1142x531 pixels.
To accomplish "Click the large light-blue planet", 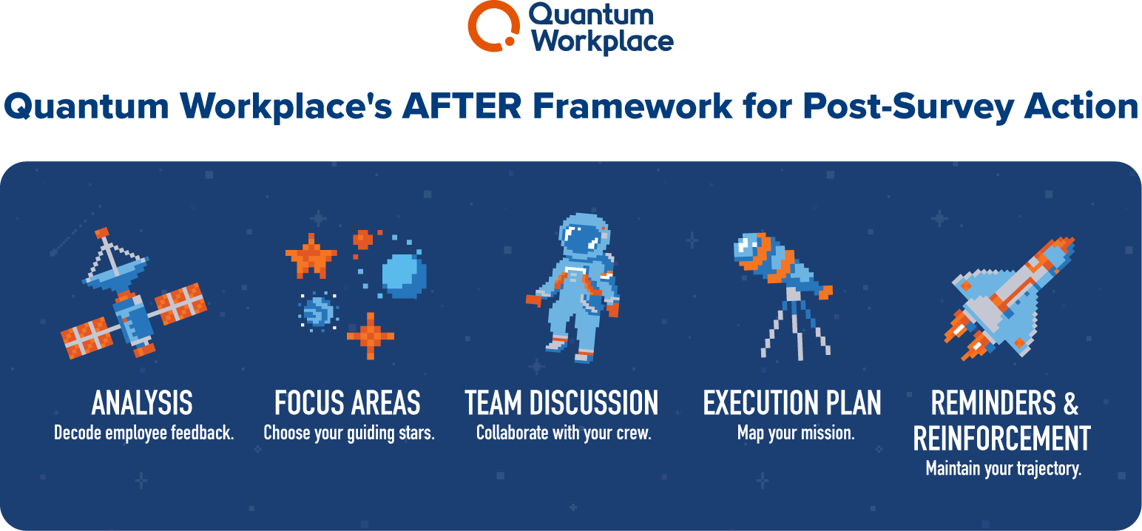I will pyautogui.click(x=404, y=276).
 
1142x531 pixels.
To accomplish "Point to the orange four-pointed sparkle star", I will pyautogui.click(x=370, y=336).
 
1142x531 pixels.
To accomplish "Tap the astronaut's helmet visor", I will pyautogui.click(x=582, y=239).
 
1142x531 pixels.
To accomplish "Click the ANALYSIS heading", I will pyautogui.click(x=142, y=404).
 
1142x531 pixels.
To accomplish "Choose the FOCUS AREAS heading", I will pyautogui.click(x=348, y=404).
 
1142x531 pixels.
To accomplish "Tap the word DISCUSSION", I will pyautogui.click(x=593, y=404).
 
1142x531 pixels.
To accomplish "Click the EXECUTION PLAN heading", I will pyautogui.click(x=792, y=404).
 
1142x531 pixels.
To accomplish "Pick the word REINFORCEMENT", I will pyautogui.click(x=1002, y=438).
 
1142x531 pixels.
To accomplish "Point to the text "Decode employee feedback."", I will pyautogui.click(x=143, y=433).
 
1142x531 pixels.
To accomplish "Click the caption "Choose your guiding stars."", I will pyautogui.click(x=349, y=433).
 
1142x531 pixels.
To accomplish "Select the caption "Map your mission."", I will pyautogui.click(x=796, y=433).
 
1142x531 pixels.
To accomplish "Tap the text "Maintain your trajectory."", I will pyautogui.click(x=1003, y=468).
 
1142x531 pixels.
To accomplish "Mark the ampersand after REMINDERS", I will pyautogui.click(x=1070, y=404).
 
